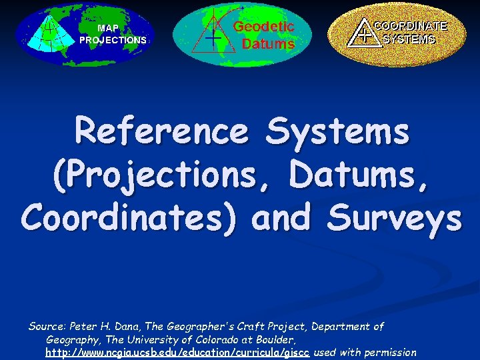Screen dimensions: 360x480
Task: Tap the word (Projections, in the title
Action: pos(165,174)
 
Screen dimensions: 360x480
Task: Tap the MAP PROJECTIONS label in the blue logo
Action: pos(113,34)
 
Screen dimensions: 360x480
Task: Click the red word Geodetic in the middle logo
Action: pos(263,27)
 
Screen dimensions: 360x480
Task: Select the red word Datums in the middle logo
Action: pos(267,44)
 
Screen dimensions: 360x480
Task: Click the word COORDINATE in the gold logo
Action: pos(410,26)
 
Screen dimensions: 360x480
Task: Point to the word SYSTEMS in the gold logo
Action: pos(409,39)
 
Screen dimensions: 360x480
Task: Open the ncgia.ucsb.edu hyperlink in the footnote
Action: pos(178,352)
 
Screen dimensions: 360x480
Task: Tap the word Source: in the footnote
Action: pos(46,327)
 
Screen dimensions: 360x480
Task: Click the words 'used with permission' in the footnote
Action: pos(365,352)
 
